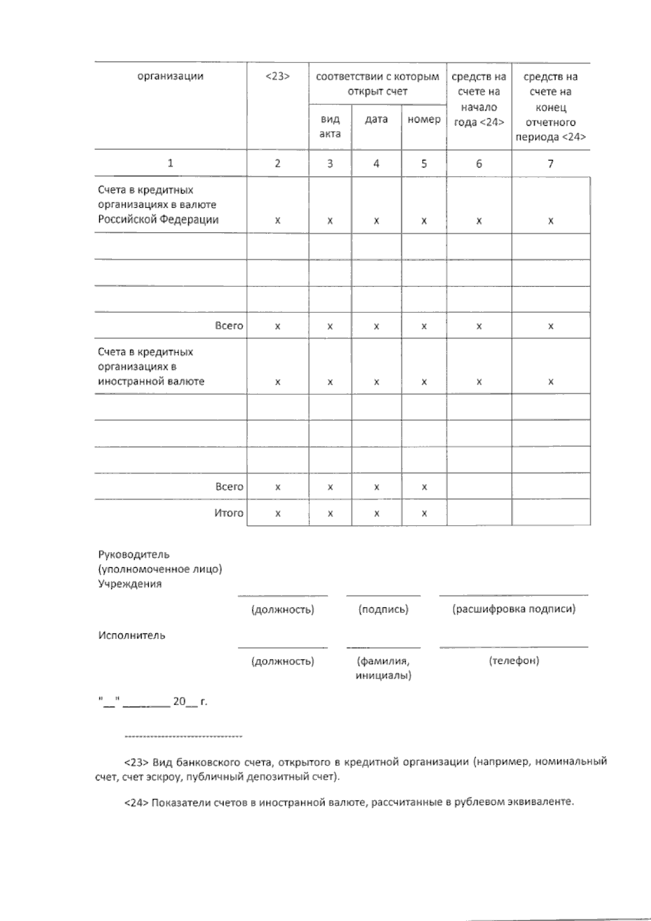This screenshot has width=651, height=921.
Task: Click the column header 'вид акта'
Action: click(x=330, y=126)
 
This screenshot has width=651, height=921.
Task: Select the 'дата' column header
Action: click(x=376, y=119)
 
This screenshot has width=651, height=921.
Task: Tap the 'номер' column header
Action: click(x=424, y=119)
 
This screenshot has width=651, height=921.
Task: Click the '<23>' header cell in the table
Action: click(x=277, y=76)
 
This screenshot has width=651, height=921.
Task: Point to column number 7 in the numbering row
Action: click(x=551, y=163)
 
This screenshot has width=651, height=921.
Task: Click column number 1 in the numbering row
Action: click(x=170, y=163)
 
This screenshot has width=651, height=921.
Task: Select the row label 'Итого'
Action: click(x=229, y=513)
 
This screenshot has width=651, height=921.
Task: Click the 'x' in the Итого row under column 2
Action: click(x=277, y=513)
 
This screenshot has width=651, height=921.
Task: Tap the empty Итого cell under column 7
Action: click(x=551, y=513)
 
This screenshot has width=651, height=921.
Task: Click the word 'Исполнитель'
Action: click(x=132, y=635)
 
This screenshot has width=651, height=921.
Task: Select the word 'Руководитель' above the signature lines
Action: click(x=134, y=554)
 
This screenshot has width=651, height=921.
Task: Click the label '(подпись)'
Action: click(x=383, y=609)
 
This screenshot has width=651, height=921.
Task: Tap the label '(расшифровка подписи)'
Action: click(x=514, y=609)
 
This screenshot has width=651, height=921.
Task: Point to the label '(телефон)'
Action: click(x=514, y=661)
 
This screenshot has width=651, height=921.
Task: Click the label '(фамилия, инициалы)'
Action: click(x=383, y=668)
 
